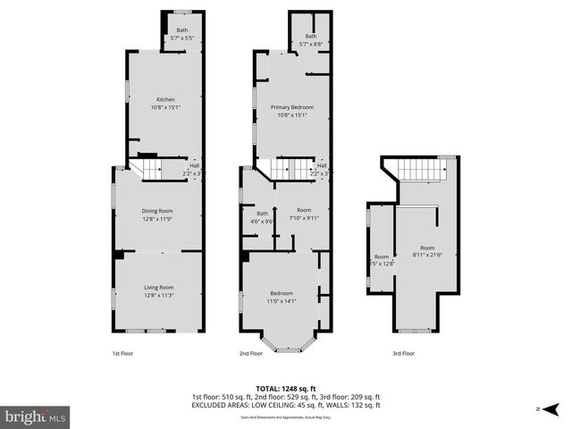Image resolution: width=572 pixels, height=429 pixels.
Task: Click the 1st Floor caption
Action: [123, 354]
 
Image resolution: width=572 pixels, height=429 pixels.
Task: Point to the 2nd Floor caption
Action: [250, 354]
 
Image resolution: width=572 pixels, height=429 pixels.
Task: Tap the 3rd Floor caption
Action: [403, 354]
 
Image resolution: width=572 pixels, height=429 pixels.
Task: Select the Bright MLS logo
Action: [36, 416]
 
